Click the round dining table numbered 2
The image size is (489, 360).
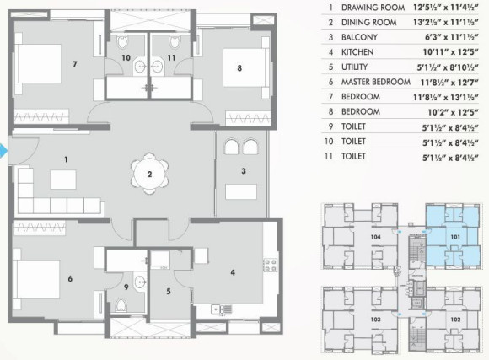(x=148, y=175)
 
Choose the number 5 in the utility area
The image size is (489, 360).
(x=168, y=292)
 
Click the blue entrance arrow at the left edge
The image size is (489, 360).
(x=3, y=152)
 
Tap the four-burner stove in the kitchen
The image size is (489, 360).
(x=271, y=266)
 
